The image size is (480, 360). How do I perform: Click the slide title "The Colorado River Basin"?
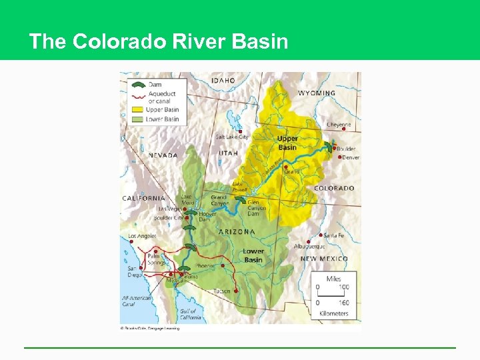(x=159, y=42)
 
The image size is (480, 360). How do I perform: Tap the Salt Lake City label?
(x=231, y=137)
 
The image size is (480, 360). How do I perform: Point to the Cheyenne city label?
(x=339, y=125)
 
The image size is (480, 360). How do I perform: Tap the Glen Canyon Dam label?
(x=257, y=208)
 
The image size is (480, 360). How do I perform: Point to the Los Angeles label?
(x=141, y=237)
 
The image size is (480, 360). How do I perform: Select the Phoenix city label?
(x=205, y=265)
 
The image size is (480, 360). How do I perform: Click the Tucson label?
(x=222, y=291)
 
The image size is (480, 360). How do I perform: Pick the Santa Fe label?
(x=333, y=235)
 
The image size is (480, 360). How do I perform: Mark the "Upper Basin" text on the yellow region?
(x=287, y=143)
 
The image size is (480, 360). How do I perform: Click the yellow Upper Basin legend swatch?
(x=137, y=109)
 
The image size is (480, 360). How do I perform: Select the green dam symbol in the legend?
(x=137, y=85)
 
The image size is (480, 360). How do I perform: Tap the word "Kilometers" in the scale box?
(x=333, y=313)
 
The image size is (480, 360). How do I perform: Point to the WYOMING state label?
(x=316, y=93)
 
